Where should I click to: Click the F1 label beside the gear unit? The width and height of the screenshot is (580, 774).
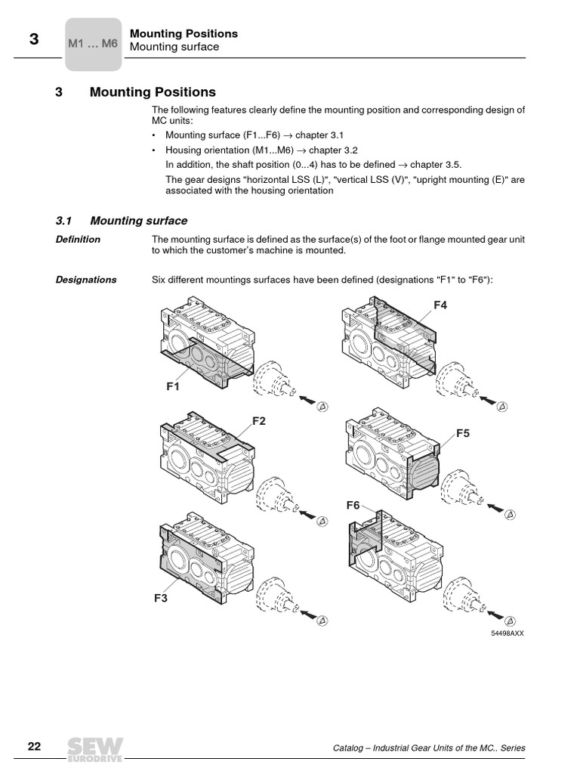(x=174, y=386)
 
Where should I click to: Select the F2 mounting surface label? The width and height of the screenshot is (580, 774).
(x=259, y=421)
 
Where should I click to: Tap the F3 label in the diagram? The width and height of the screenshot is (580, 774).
(x=161, y=598)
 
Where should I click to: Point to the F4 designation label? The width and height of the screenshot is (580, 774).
(x=440, y=305)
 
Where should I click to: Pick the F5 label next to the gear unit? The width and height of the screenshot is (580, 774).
(x=462, y=433)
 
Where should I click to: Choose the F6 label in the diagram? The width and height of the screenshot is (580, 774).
(x=353, y=505)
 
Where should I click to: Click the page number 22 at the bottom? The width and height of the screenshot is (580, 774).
(x=34, y=747)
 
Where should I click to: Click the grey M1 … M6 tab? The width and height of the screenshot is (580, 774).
(x=93, y=44)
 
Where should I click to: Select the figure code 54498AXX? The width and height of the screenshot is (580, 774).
(x=507, y=633)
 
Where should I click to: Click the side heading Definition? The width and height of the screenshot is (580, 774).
(x=78, y=240)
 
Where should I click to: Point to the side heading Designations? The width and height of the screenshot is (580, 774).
(x=86, y=280)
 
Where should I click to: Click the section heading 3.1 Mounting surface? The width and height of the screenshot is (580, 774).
(x=122, y=221)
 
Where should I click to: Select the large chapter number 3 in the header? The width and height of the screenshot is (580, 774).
(x=34, y=41)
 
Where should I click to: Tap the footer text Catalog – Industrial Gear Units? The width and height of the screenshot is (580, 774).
(x=429, y=748)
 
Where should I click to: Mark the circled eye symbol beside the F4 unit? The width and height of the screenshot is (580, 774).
(x=502, y=407)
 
